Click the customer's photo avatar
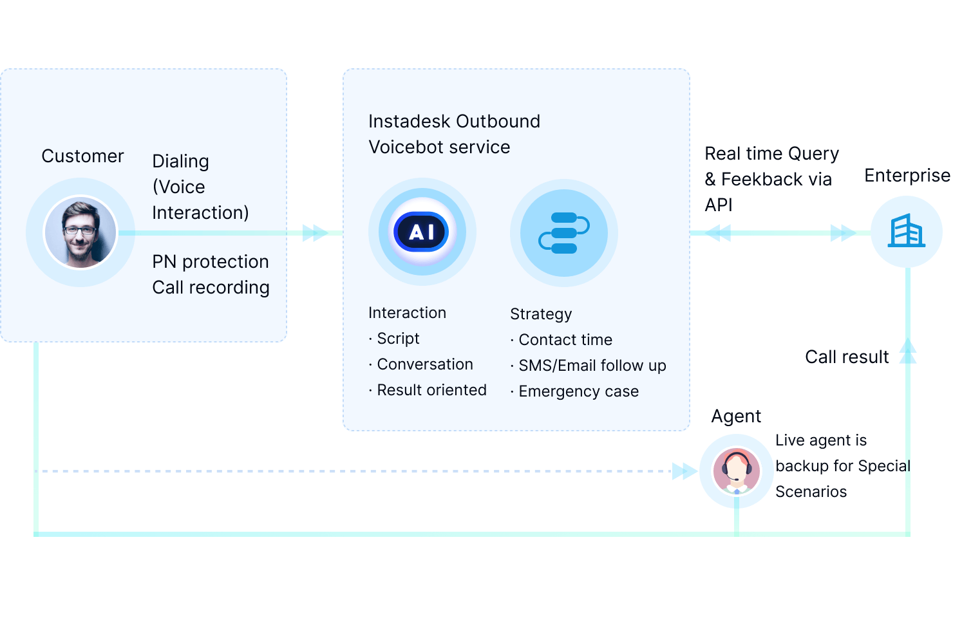click(80, 232)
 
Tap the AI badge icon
click(422, 232)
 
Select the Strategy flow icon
click(563, 232)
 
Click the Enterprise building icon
click(907, 231)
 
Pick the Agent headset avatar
click(737, 471)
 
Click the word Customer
click(82, 156)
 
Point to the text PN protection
click(211, 262)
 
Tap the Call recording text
click(211, 288)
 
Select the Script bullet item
click(397, 339)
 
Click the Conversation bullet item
click(424, 364)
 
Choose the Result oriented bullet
click(431, 390)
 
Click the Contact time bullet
click(565, 340)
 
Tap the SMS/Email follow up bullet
click(592, 366)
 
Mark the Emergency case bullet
click(578, 391)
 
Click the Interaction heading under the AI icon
click(407, 313)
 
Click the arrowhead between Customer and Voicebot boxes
click(315, 233)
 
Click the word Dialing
click(180, 162)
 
